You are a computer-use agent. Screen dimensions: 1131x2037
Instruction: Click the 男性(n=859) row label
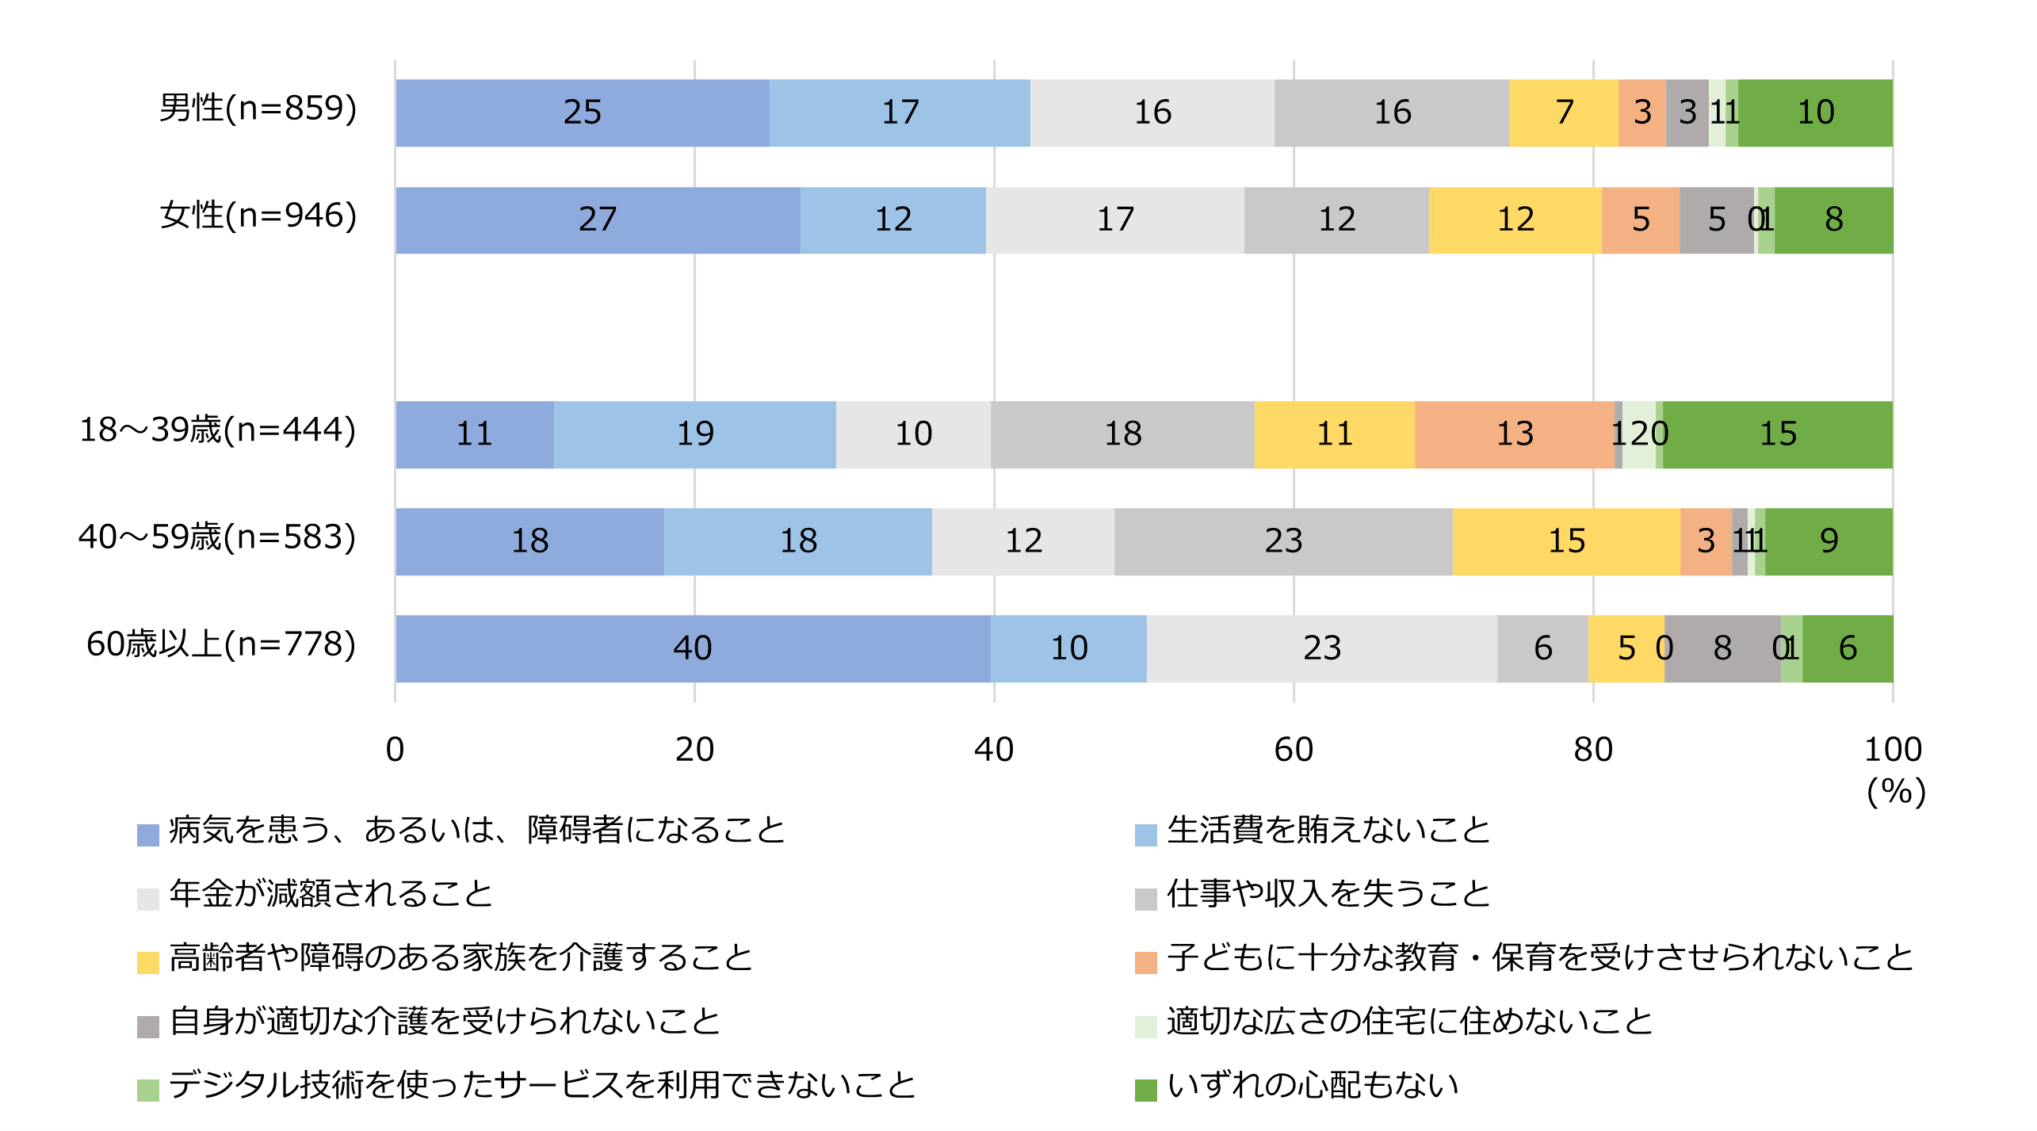point(258,109)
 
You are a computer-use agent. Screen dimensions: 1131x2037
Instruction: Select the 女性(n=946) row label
point(258,216)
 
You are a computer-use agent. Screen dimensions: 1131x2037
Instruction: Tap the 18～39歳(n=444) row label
point(218,430)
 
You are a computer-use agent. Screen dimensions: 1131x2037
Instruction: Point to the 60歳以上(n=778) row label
point(221,644)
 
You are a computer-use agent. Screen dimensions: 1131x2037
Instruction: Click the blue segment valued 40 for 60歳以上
point(692,648)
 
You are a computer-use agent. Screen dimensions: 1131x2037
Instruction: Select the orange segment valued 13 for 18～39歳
point(1514,434)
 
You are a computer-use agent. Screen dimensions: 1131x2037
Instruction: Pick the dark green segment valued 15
point(1777,434)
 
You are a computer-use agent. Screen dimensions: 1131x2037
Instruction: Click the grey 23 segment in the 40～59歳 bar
point(1282,541)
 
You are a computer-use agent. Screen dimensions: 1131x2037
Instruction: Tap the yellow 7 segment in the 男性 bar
point(1563,113)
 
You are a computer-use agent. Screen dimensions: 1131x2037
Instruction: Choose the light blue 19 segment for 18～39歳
point(694,434)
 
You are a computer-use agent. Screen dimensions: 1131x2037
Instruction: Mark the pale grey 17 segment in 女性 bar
point(1114,220)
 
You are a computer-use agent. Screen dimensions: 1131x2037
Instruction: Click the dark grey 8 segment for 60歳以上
point(1722,648)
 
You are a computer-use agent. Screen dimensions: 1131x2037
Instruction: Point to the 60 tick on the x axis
point(1293,750)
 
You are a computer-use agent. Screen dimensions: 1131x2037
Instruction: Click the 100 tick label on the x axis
point(1892,750)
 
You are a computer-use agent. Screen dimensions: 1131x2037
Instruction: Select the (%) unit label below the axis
point(1895,792)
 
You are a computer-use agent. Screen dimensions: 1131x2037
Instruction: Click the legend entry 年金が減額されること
point(331,894)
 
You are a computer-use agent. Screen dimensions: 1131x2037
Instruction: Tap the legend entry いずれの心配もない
point(1312,1085)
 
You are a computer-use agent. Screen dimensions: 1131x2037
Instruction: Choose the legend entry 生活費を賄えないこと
point(1328,831)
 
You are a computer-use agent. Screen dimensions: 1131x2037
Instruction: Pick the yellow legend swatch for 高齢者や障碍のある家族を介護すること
point(148,962)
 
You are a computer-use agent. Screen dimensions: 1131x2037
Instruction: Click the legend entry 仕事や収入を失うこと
point(1328,894)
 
